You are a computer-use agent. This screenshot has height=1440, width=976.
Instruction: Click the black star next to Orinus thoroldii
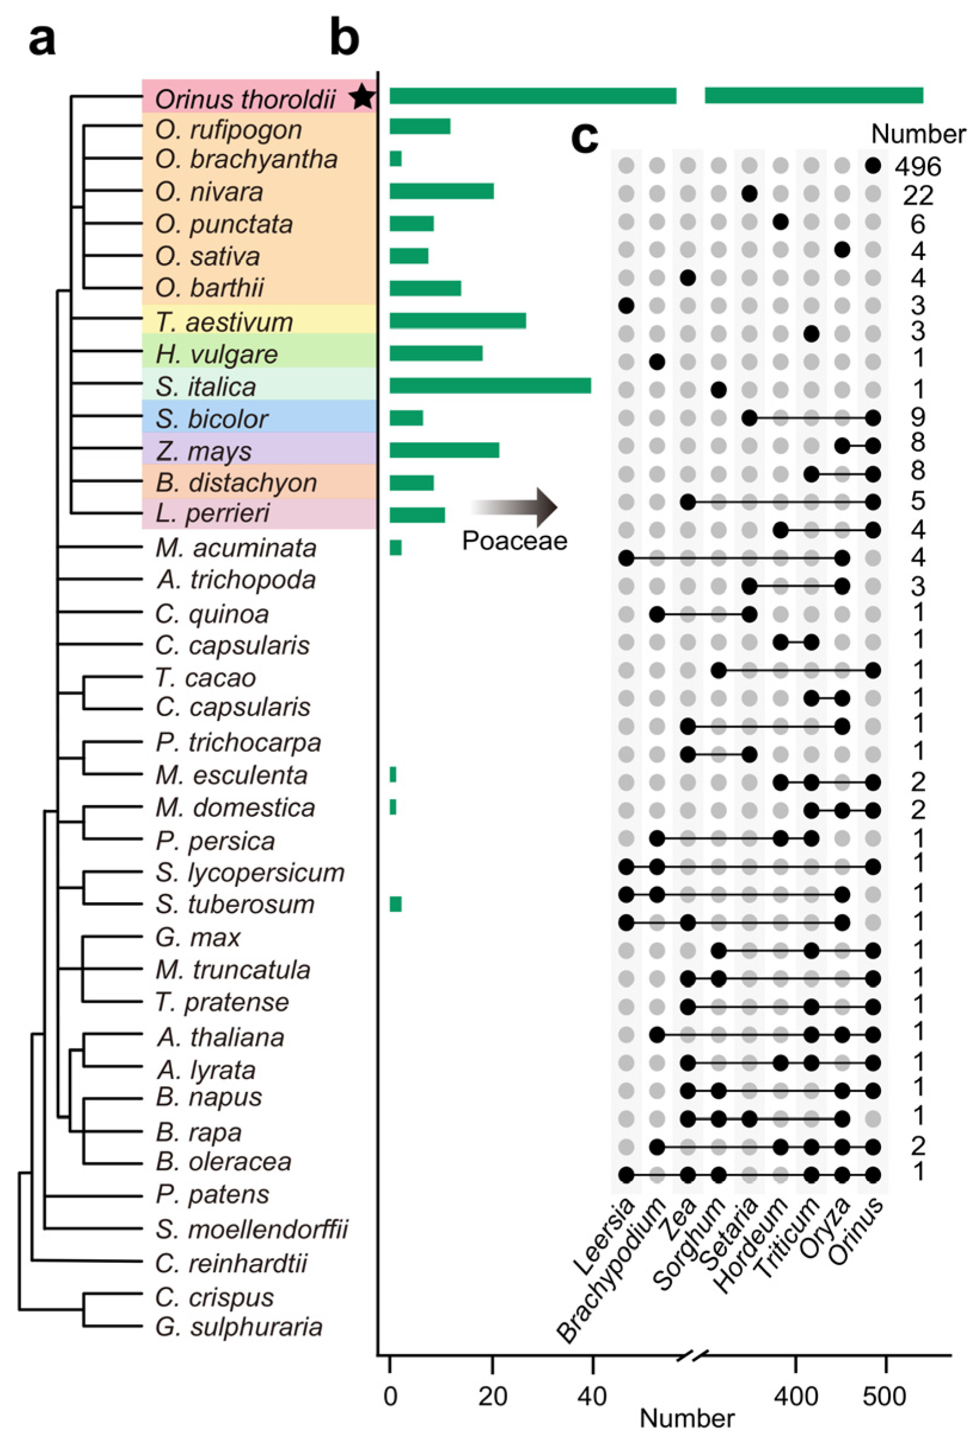[x=362, y=97]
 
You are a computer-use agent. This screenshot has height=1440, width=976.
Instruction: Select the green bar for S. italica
[x=489, y=386]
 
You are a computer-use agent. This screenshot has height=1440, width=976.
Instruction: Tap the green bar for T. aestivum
[x=457, y=320]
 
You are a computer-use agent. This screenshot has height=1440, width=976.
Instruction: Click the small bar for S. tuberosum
[x=395, y=904]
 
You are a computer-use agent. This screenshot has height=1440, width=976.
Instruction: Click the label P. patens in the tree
[x=212, y=1194]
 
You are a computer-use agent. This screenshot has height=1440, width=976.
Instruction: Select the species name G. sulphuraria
[x=239, y=1327]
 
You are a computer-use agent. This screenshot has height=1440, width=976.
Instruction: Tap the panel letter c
[x=584, y=138]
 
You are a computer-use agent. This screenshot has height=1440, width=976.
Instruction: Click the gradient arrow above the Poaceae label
[x=514, y=507]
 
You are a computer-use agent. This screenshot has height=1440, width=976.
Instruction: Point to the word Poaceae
[x=515, y=541]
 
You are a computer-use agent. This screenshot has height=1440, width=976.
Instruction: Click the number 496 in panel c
[x=917, y=166]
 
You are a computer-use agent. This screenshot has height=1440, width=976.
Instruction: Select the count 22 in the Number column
[x=917, y=195]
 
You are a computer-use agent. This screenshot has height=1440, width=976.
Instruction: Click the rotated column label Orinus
[x=858, y=1230]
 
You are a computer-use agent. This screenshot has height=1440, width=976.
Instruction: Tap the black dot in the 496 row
[x=873, y=165]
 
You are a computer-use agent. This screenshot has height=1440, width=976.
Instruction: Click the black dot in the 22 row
[x=750, y=194]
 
